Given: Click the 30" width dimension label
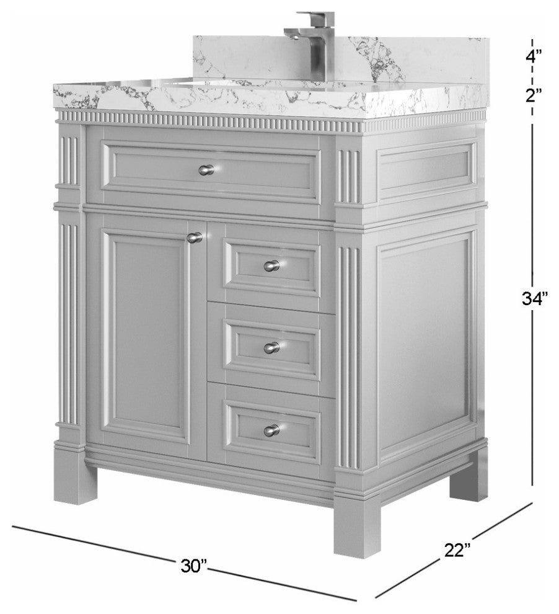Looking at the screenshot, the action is click(x=193, y=566).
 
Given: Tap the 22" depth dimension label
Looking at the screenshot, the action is click(x=457, y=549).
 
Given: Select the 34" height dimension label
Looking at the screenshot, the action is click(x=533, y=299).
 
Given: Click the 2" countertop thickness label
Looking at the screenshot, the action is click(x=533, y=95).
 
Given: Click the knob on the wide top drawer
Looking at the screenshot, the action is click(x=206, y=170).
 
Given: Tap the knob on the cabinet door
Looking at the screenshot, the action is click(x=195, y=238).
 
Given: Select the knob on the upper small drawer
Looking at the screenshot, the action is click(x=271, y=265).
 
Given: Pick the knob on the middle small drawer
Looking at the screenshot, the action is click(x=271, y=347).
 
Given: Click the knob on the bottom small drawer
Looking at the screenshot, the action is click(x=271, y=430).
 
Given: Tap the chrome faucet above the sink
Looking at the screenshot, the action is click(x=312, y=45).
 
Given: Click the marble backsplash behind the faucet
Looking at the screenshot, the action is click(x=340, y=59).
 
